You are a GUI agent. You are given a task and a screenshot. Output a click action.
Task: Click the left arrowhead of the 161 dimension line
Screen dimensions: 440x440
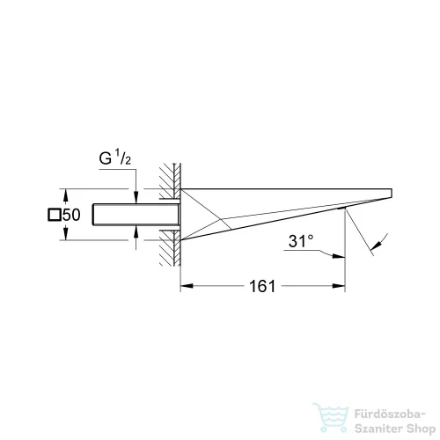click(x=185, y=286)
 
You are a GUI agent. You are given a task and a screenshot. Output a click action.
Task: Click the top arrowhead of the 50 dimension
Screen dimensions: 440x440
click(x=67, y=194)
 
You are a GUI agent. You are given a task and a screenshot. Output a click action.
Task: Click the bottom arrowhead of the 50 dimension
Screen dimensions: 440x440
click(x=67, y=235)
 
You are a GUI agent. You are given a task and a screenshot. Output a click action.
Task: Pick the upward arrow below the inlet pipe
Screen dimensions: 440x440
click(x=136, y=232)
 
